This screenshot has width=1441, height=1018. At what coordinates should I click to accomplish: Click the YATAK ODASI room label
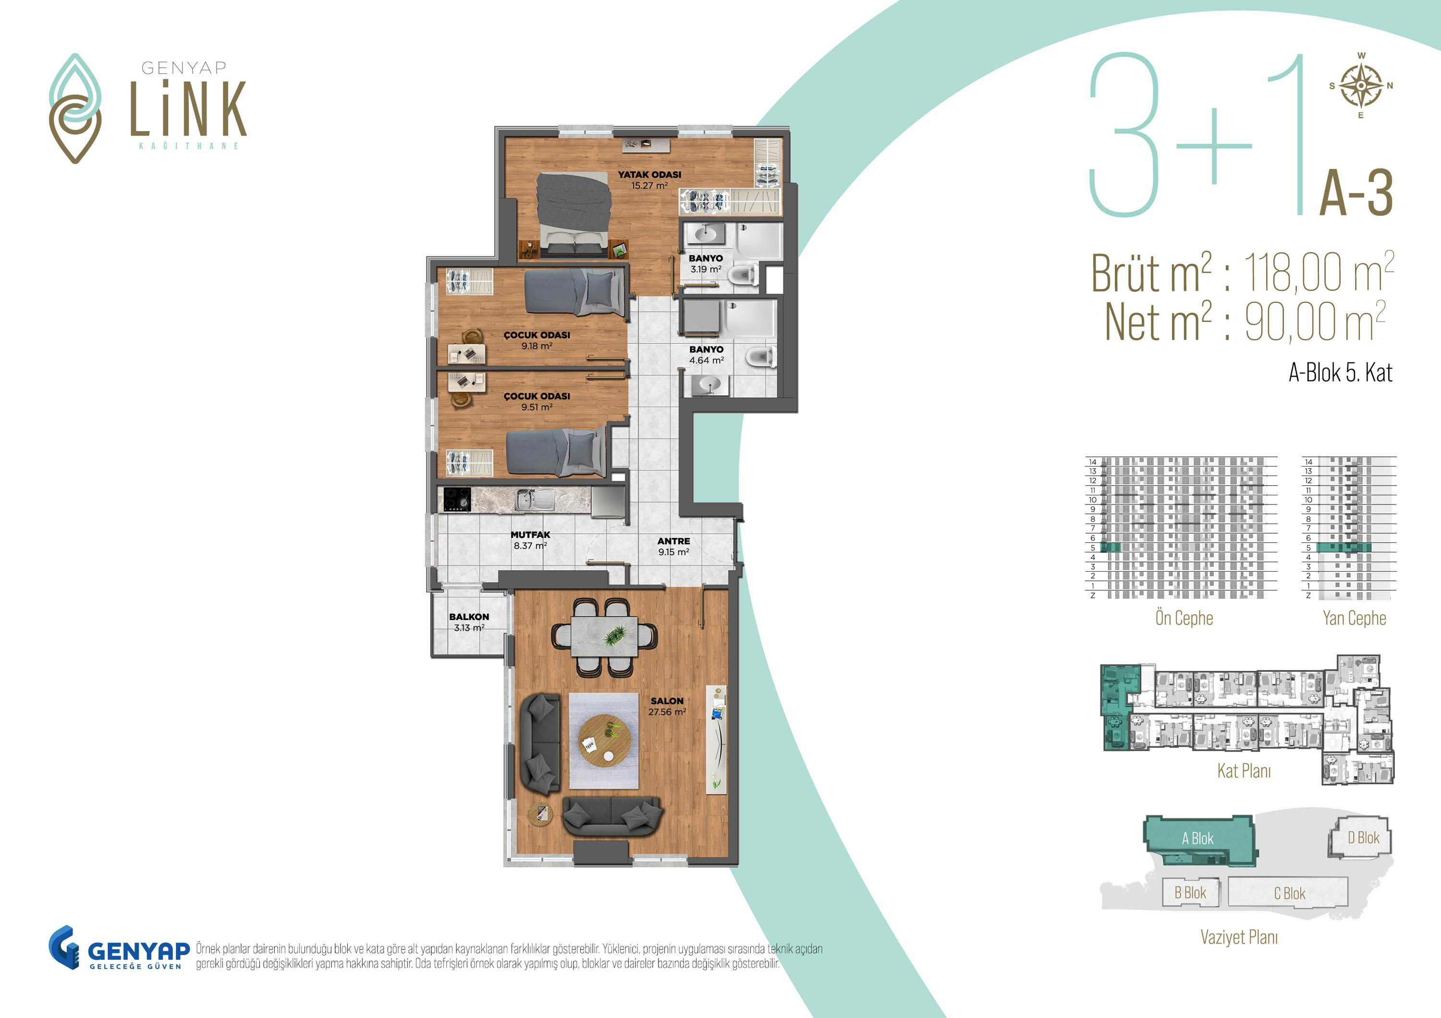click(x=649, y=175)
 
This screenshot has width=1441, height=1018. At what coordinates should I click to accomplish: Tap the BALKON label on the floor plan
click(x=469, y=617)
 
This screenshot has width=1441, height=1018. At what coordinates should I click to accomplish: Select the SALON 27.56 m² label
click(x=667, y=707)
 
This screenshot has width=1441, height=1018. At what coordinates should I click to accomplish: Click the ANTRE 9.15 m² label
click(x=673, y=546)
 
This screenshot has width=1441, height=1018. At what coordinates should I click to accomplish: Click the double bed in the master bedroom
click(x=574, y=214)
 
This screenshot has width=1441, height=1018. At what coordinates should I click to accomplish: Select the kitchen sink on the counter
click(x=535, y=499)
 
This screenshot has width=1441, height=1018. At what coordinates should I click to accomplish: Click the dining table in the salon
click(x=604, y=636)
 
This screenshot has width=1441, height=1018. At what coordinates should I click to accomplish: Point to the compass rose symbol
click(x=1361, y=85)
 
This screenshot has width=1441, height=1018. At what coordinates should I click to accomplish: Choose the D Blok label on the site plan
click(x=1363, y=838)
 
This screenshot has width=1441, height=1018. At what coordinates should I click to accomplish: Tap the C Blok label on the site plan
click(x=1289, y=894)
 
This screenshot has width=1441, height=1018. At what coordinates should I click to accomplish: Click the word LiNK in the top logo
click(x=188, y=108)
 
